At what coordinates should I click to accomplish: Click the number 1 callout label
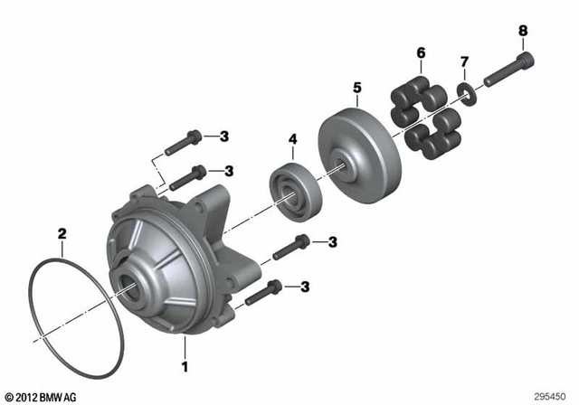click(185, 368)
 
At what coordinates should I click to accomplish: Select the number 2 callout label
click(62, 234)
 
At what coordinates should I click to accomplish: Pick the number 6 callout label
click(421, 53)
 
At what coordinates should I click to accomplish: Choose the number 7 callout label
click(464, 61)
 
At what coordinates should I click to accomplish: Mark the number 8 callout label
click(523, 32)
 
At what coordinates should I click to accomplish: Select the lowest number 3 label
click(306, 287)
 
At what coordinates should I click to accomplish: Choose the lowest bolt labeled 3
click(263, 291)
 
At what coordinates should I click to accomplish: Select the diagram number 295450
click(551, 395)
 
